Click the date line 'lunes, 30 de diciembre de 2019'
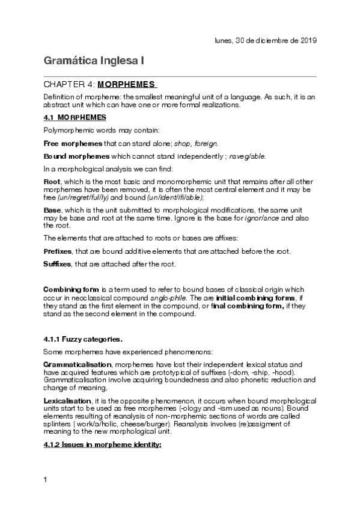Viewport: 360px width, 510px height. point(266,40)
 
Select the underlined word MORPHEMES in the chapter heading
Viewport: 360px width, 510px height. point(126,84)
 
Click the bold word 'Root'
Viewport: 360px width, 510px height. point(53,181)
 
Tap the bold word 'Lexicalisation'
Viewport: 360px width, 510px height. point(68,399)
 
